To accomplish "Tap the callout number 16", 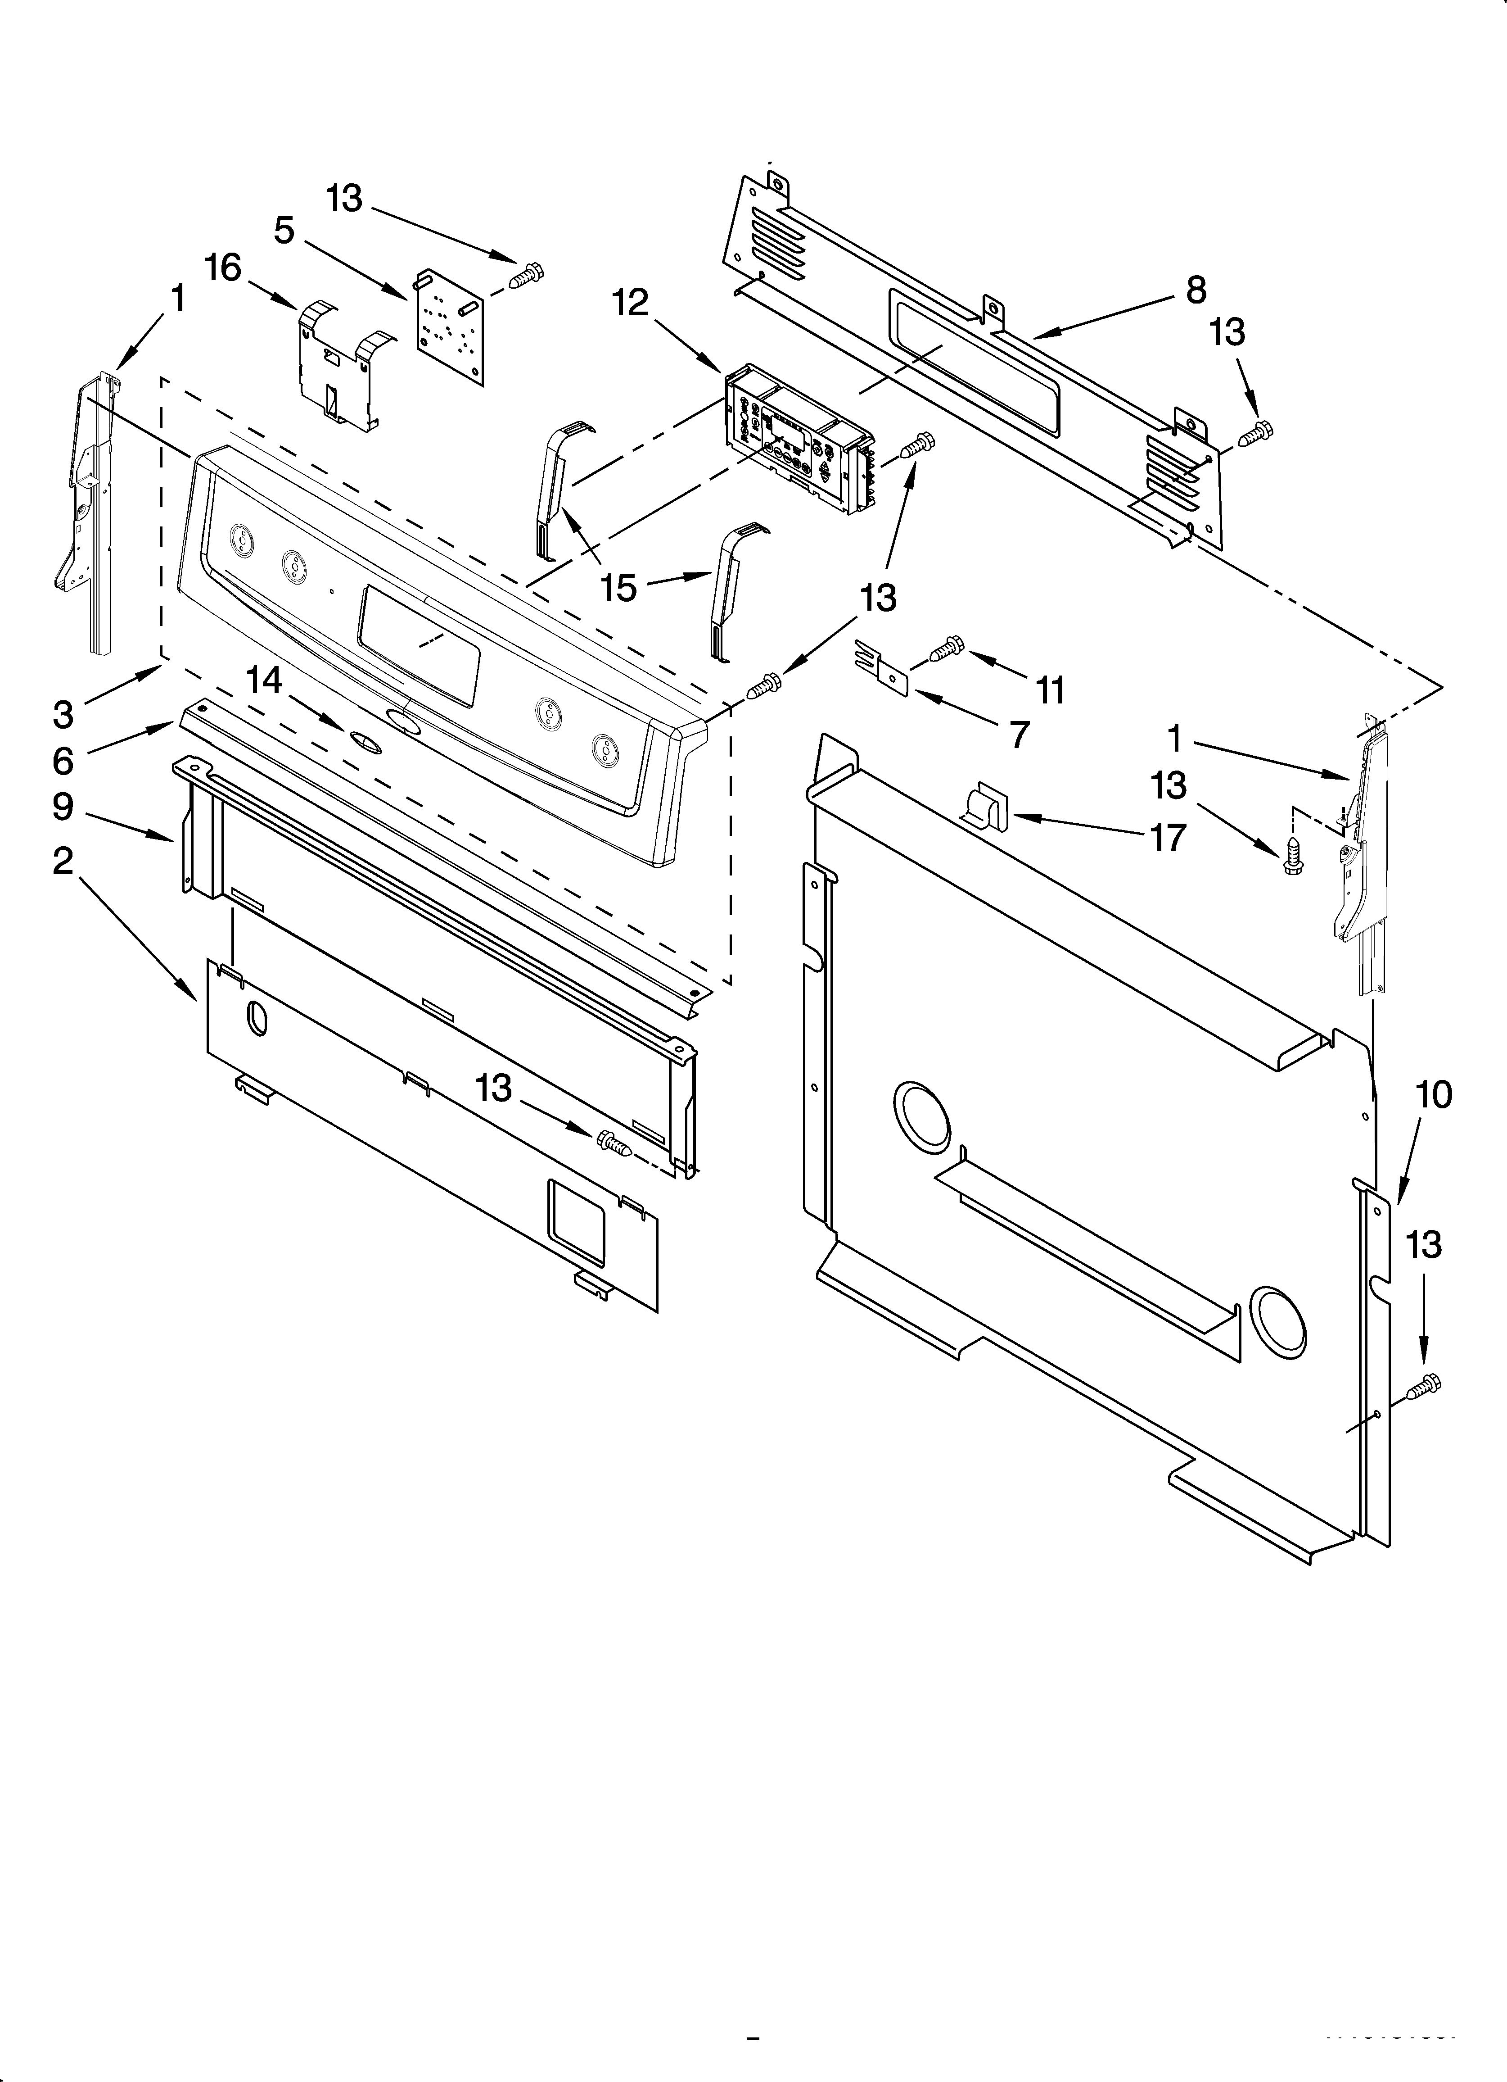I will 222,268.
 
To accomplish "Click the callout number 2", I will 63,861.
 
